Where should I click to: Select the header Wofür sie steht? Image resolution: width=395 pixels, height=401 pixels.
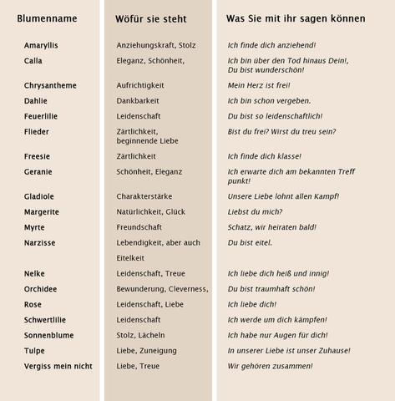coord(150,18)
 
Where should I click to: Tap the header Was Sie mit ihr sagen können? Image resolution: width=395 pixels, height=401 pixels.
coord(297,18)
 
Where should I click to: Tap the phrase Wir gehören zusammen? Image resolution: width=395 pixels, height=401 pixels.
coord(270,366)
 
